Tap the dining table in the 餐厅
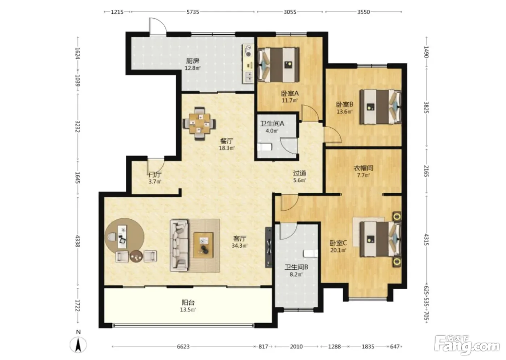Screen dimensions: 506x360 [x=199, y=123]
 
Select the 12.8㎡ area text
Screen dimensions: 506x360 [x=192, y=68]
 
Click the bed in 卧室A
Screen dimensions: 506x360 [x=279, y=65]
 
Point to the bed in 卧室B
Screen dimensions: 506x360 [x=380, y=107]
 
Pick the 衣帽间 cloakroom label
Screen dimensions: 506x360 [x=363, y=168]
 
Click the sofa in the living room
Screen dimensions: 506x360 [x=179, y=245]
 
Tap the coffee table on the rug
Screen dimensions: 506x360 [x=203, y=245]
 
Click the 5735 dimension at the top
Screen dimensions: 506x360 [x=193, y=12]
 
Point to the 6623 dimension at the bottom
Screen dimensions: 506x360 [x=183, y=346]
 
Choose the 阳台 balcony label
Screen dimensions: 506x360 [x=188, y=302]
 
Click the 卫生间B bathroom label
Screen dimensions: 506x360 [x=296, y=267]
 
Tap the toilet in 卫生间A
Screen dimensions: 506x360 [x=265, y=147]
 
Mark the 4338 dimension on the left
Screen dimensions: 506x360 [x=77, y=241]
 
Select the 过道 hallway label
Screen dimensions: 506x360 [x=300, y=173]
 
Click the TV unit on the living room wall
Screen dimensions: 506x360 [x=269, y=248]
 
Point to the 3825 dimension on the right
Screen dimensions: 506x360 [x=426, y=107]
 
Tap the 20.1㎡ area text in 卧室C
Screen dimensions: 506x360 [x=338, y=250]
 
